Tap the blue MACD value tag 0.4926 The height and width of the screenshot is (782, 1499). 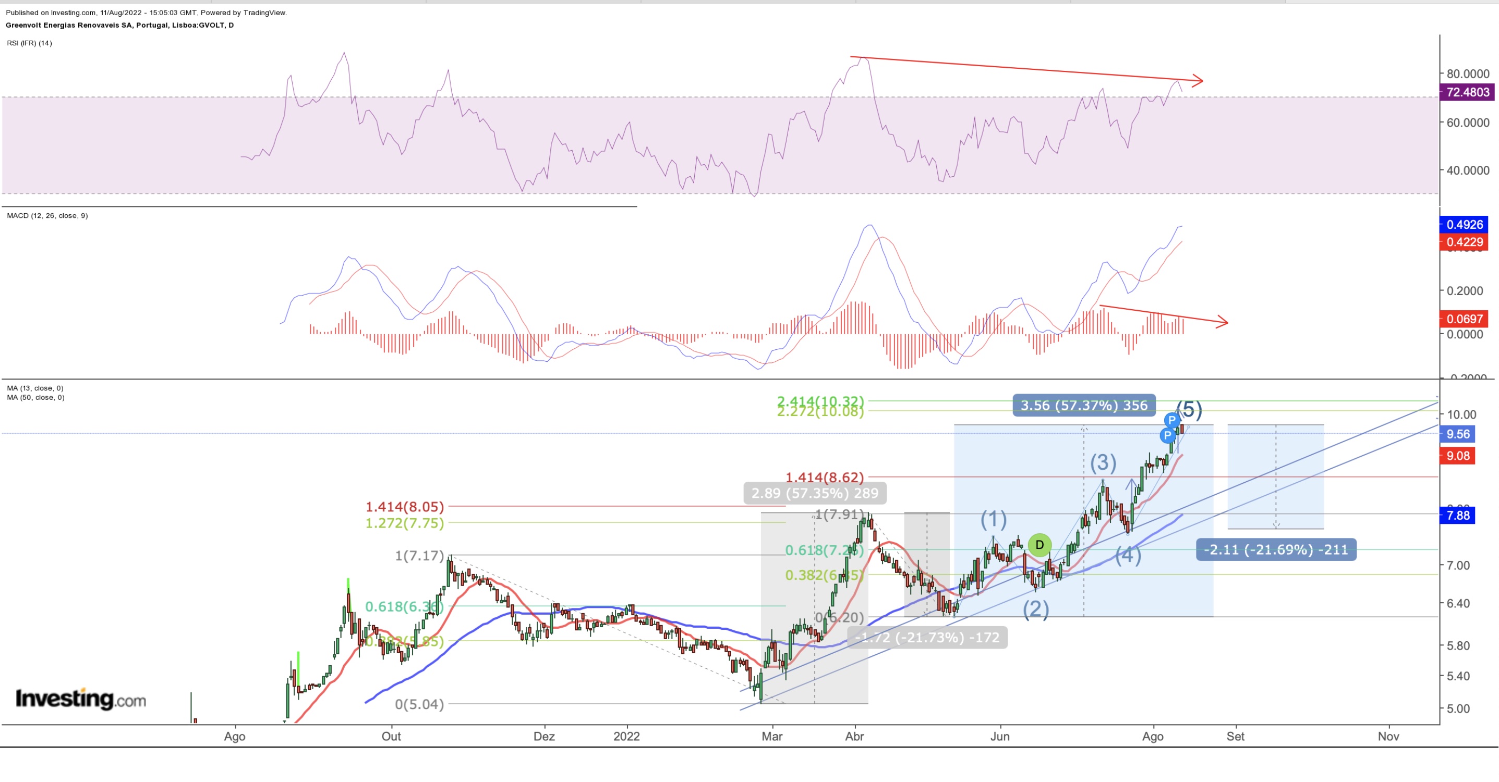1464,225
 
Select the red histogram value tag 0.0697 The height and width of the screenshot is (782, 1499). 1464,319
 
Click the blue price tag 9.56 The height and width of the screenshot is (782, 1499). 1457,434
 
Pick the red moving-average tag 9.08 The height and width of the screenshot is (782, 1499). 1457,456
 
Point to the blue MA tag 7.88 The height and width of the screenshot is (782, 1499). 1457,516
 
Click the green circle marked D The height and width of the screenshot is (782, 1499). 1039,545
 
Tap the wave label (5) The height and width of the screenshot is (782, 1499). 1189,410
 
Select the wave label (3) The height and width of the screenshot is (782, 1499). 1103,463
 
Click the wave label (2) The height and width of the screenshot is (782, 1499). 1036,609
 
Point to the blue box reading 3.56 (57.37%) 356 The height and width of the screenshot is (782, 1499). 1084,406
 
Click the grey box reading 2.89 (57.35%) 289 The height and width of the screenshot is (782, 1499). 815,493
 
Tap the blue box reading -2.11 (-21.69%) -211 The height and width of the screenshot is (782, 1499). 1276,550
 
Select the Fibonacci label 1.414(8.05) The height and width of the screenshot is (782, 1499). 404,507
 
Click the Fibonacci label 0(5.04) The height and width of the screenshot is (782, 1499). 419,705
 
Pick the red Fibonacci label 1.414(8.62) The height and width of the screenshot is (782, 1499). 825,478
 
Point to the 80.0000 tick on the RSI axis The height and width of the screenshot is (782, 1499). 1468,74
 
